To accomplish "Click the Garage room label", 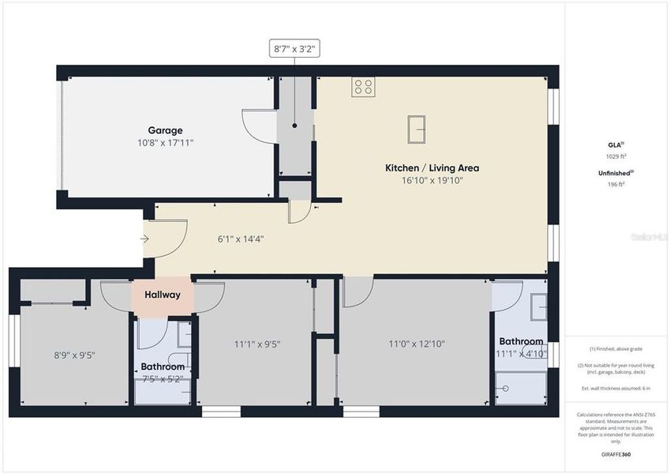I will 165,130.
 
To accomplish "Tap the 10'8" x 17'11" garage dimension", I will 165,143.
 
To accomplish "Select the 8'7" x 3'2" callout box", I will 295,49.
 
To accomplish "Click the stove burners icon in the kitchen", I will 363,87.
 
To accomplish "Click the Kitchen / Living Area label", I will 432,167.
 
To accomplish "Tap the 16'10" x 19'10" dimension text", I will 432,180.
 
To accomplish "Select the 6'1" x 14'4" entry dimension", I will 241,239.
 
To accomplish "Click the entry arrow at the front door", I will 145,238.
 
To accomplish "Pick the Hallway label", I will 163,295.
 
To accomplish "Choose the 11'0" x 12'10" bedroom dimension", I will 417,344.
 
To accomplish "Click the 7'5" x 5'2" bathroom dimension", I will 163,378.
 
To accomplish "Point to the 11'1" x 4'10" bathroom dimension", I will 521,353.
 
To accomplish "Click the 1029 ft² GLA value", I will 616,156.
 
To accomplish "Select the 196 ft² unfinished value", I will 616,184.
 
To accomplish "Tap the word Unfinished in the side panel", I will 614,172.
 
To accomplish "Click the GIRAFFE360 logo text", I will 616,454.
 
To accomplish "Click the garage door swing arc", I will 254,122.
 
